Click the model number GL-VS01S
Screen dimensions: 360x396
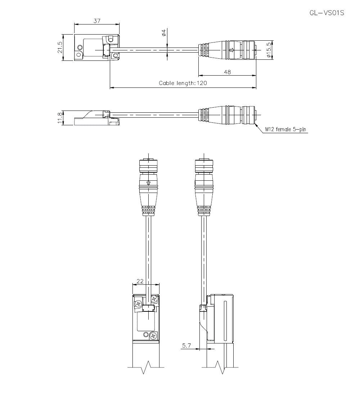point(327,13)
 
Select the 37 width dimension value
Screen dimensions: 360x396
point(97,21)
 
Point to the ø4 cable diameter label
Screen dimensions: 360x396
point(164,32)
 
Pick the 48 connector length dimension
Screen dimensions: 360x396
point(228,72)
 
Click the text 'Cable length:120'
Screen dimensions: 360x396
point(183,83)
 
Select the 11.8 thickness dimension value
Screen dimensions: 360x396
point(60,118)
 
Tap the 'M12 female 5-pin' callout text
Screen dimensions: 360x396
point(285,130)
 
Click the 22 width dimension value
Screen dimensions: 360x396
point(140,281)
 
